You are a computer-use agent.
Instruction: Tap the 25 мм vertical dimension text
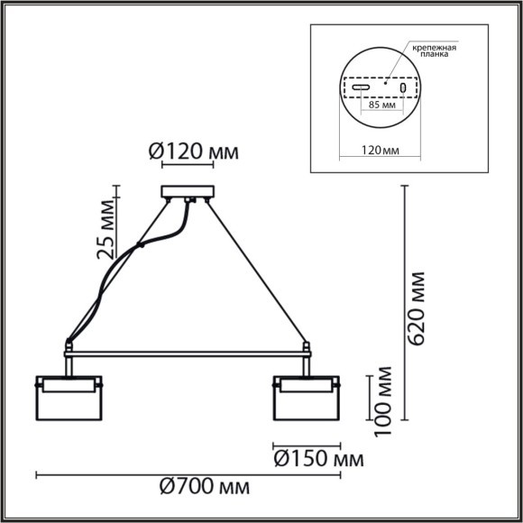click(106, 234)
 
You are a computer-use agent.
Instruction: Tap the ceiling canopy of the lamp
click(188, 191)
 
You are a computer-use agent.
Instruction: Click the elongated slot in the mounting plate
click(360, 88)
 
